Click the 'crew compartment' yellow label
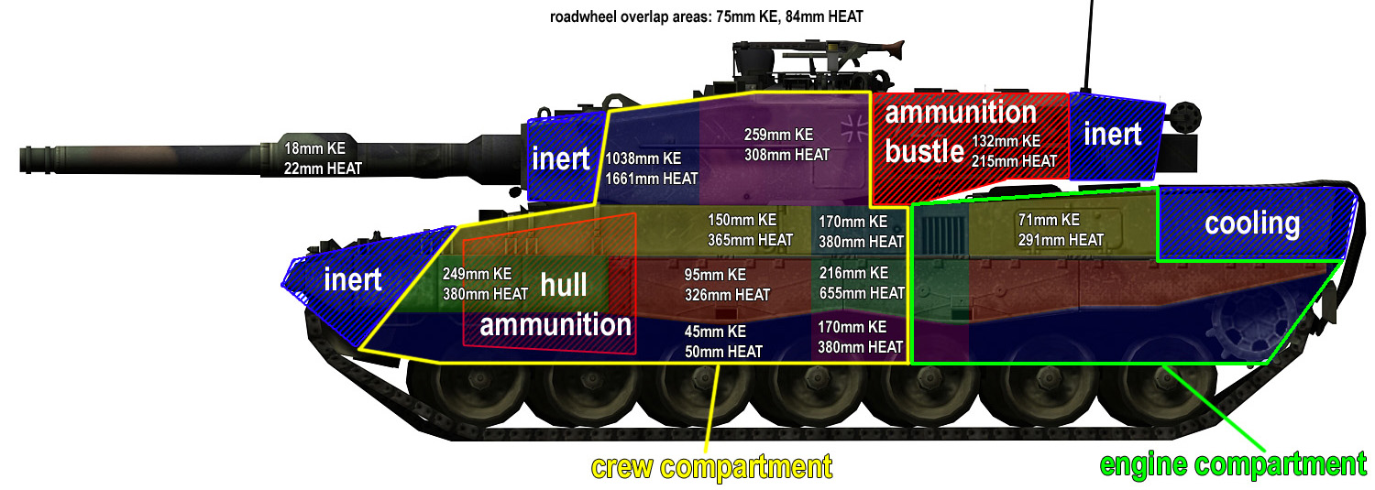[x=711, y=467]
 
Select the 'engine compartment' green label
[x=1233, y=464]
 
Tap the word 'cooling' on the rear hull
[x=1252, y=223]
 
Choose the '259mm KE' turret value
[x=778, y=135]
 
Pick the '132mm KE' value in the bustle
[x=1006, y=141]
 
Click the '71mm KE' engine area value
[x=1049, y=220]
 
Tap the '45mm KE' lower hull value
[x=716, y=332]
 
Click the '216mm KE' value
[x=852, y=273]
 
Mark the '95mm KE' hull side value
[x=715, y=275]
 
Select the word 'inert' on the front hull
[x=353, y=278]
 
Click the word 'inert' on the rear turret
[x=1112, y=135]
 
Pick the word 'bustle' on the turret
[x=924, y=151]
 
